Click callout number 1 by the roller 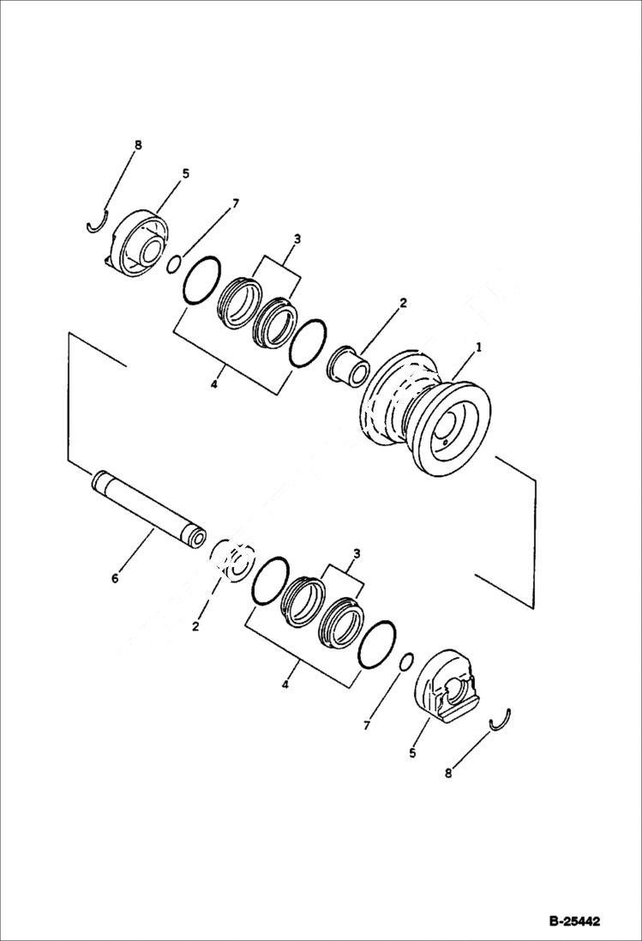479,348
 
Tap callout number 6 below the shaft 115,579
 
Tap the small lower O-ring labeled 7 407,661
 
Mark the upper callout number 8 138,145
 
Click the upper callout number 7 236,203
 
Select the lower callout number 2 195,627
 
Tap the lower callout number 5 411,754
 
